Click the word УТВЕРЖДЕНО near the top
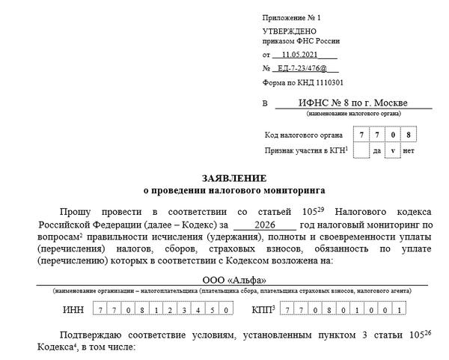[x=282, y=30]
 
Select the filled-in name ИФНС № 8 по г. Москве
[x=353, y=103]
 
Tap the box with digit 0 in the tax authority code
[x=395, y=135]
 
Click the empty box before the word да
[x=361, y=150]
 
